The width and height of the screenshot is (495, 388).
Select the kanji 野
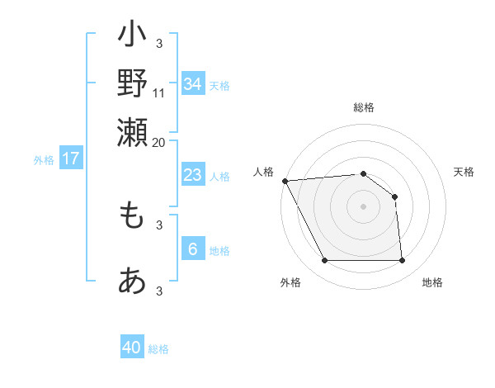click(x=132, y=83)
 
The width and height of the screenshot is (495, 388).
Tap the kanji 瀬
click(x=132, y=130)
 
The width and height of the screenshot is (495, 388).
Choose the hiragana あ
click(x=132, y=281)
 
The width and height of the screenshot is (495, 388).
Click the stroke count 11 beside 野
click(x=159, y=92)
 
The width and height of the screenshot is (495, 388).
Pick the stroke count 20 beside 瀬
click(x=159, y=141)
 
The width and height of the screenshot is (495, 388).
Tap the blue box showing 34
click(x=193, y=83)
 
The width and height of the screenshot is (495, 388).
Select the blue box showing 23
click(x=193, y=175)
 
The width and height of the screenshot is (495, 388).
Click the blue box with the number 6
click(x=193, y=249)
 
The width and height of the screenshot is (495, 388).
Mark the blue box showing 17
click(x=70, y=159)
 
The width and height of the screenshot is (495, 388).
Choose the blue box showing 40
click(x=132, y=348)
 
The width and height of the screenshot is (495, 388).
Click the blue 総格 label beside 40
click(x=158, y=349)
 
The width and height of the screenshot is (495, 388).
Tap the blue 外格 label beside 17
click(x=44, y=160)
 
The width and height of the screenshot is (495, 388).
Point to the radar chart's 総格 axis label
click(x=363, y=107)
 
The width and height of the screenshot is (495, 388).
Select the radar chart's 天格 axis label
click(x=464, y=172)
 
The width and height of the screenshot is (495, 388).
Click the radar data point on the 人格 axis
click(x=285, y=181)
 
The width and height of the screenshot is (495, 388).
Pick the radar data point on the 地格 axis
click(x=403, y=261)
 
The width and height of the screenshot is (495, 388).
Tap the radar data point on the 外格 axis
click(x=324, y=261)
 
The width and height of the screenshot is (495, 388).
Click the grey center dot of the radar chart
click(x=363, y=206)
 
